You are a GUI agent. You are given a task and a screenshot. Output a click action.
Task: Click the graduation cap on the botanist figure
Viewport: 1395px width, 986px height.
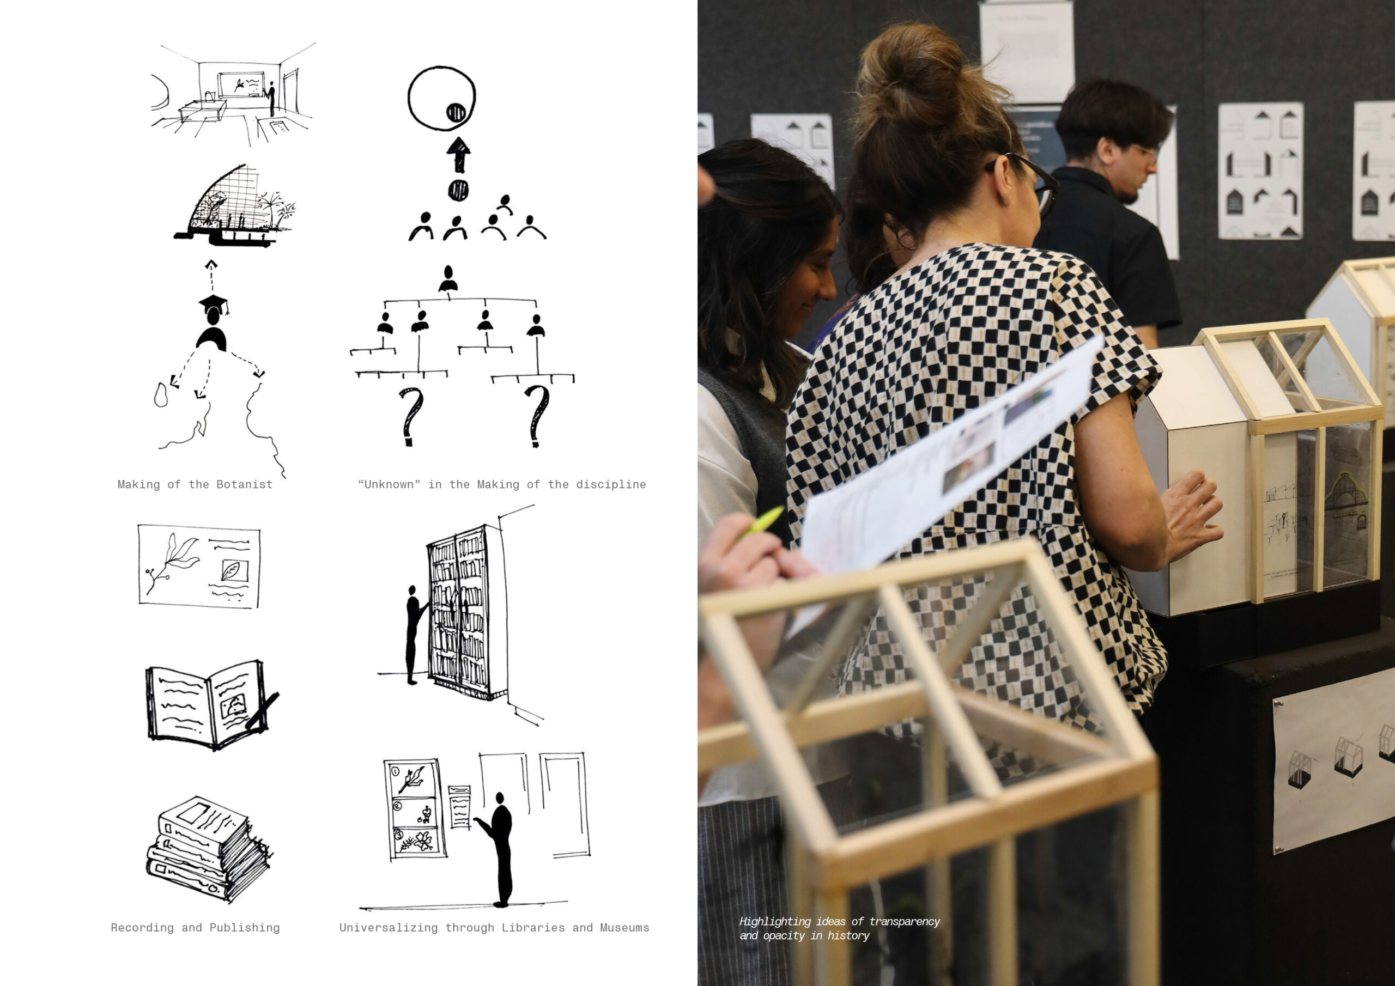tap(213, 302)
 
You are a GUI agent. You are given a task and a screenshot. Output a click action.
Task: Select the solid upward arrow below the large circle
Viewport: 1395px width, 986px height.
tap(459, 154)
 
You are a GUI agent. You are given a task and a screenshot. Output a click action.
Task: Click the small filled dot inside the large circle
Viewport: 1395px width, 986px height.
tap(456, 112)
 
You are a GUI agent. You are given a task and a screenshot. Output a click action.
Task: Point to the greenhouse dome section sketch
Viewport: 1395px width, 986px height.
tap(234, 204)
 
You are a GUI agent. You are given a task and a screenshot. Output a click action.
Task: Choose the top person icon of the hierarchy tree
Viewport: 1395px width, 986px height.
tap(448, 278)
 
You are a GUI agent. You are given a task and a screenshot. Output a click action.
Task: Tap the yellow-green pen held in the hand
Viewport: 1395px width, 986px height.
tap(762, 521)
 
